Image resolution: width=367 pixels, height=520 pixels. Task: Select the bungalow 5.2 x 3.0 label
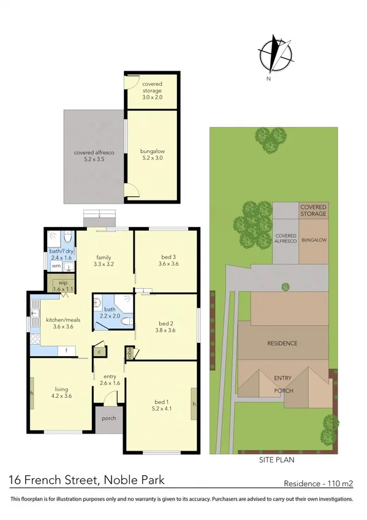click(x=152, y=154)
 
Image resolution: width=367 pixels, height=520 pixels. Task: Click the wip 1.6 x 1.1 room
click(x=62, y=285)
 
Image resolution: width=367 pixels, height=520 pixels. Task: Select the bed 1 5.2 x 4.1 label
click(x=163, y=407)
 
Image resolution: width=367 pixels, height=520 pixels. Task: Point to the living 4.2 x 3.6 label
click(x=61, y=392)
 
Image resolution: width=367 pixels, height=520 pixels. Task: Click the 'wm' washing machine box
click(x=56, y=266)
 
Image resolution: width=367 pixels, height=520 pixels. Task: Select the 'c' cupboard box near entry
click(x=99, y=351)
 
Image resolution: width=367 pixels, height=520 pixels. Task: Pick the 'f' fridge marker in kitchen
click(x=66, y=351)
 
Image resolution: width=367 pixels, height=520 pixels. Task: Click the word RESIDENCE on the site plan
click(x=281, y=343)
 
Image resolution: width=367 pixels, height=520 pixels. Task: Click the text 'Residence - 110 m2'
click(x=319, y=483)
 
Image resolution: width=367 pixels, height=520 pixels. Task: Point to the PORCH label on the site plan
click(x=284, y=391)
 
